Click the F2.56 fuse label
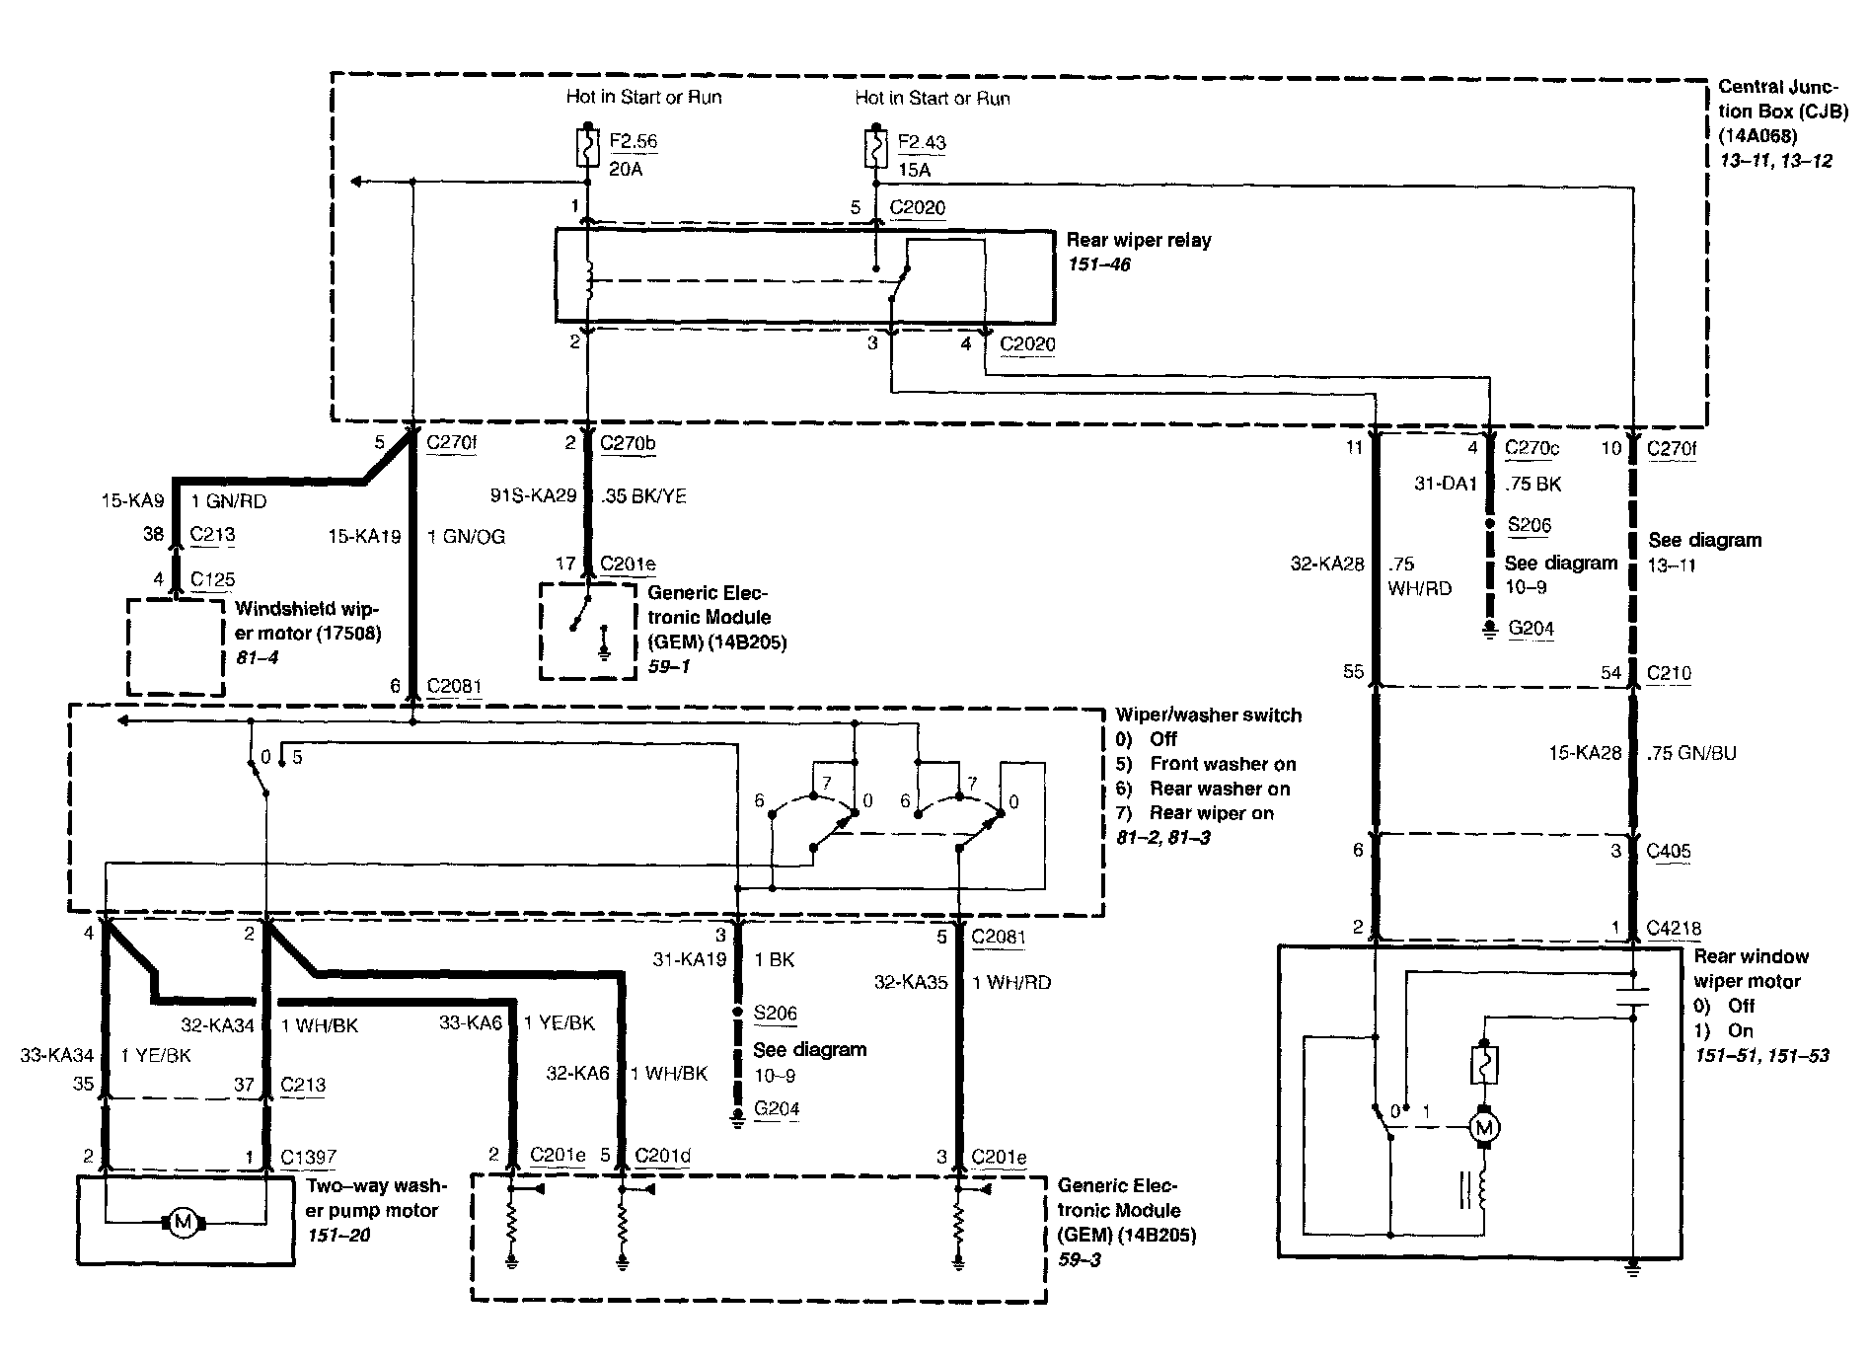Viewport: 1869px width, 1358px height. click(x=634, y=141)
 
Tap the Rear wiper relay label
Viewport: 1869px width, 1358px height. click(x=1139, y=240)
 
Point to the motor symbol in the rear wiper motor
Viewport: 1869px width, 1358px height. click(x=1482, y=1126)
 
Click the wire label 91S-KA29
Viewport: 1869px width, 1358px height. click(x=533, y=495)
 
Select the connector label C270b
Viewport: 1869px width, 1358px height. click(x=628, y=444)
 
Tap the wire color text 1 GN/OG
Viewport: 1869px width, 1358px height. click(x=466, y=537)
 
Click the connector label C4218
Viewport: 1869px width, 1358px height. click(x=1675, y=928)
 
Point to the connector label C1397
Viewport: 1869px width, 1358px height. click(x=309, y=1157)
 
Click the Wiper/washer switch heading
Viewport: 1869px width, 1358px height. click(x=1209, y=715)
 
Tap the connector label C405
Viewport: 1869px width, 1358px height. click(x=1670, y=851)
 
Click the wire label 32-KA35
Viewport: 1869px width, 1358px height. click(x=911, y=982)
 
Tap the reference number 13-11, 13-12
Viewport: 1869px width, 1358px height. click(x=1775, y=159)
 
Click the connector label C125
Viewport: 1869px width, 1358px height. click(x=212, y=579)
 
